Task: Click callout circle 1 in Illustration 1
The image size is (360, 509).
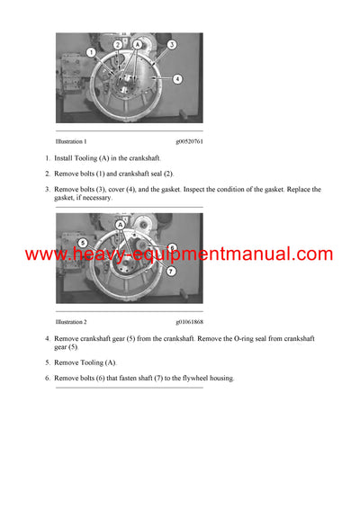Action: pyautogui.click(x=91, y=53)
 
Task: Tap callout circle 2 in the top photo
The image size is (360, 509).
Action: pyautogui.click(x=118, y=44)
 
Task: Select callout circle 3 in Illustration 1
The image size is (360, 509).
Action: pyautogui.click(x=172, y=44)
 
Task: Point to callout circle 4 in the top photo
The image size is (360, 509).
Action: pyautogui.click(x=177, y=79)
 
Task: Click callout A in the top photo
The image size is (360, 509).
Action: pyautogui.click(x=138, y=43)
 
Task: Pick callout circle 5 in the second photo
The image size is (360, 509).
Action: pyautogui.click(x=82, y=243)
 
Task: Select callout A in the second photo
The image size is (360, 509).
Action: pyautogui.click(x=121, y=225)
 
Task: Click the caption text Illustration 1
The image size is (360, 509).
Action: pyautogui.click(x=71, y=141)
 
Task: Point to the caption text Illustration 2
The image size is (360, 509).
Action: pyautogui.click(x=71, y=321)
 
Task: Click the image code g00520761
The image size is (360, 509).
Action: pyautogui.click(x=189, y=141)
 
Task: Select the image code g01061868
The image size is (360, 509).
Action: pyautogui.click(x=189, y=321)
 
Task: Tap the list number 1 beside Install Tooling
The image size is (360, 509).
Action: pyautogui.click(x=47, y=158)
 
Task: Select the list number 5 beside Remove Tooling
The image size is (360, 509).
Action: pyautogui.click(x=47, y=362)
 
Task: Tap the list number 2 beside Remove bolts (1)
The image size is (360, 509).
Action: pyautogui.click(x=47, y=174)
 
